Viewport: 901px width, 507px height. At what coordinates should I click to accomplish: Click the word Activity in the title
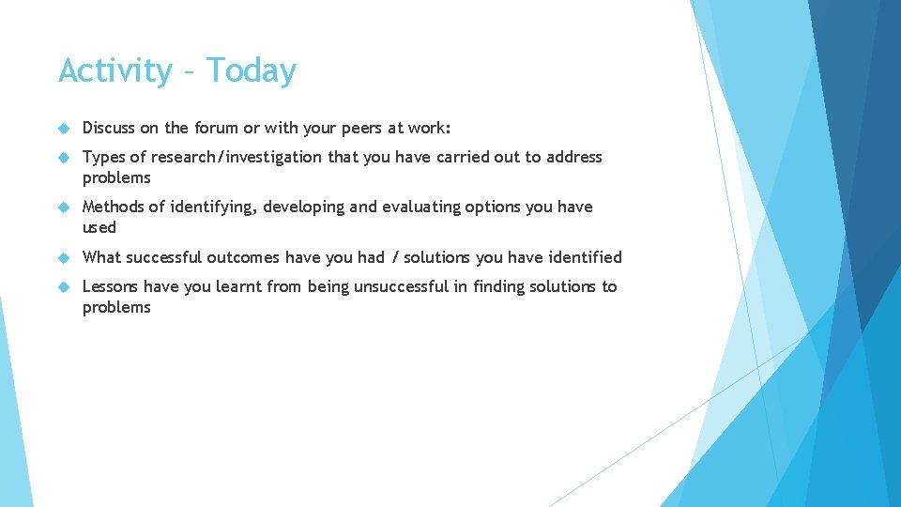click(115, 71)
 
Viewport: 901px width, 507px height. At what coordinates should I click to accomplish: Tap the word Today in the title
click(252, 70)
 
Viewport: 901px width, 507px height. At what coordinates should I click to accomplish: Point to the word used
click(99, 228)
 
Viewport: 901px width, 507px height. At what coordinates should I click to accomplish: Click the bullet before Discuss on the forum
click(64, 129)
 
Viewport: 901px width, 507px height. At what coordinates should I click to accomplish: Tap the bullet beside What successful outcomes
click(64, 258)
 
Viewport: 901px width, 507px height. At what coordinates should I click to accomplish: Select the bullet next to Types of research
click(64, 158)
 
